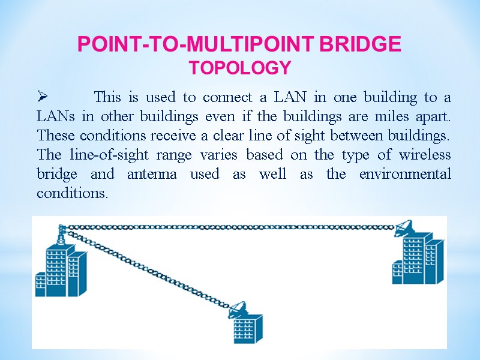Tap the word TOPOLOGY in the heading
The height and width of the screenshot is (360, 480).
click(x=240, y=68)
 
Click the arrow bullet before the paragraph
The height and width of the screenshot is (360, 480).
click(x=42, y=97)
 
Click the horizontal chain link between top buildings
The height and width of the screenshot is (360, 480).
click(x=228, y=227)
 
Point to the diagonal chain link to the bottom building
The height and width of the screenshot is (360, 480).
click(x=150, y=268)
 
